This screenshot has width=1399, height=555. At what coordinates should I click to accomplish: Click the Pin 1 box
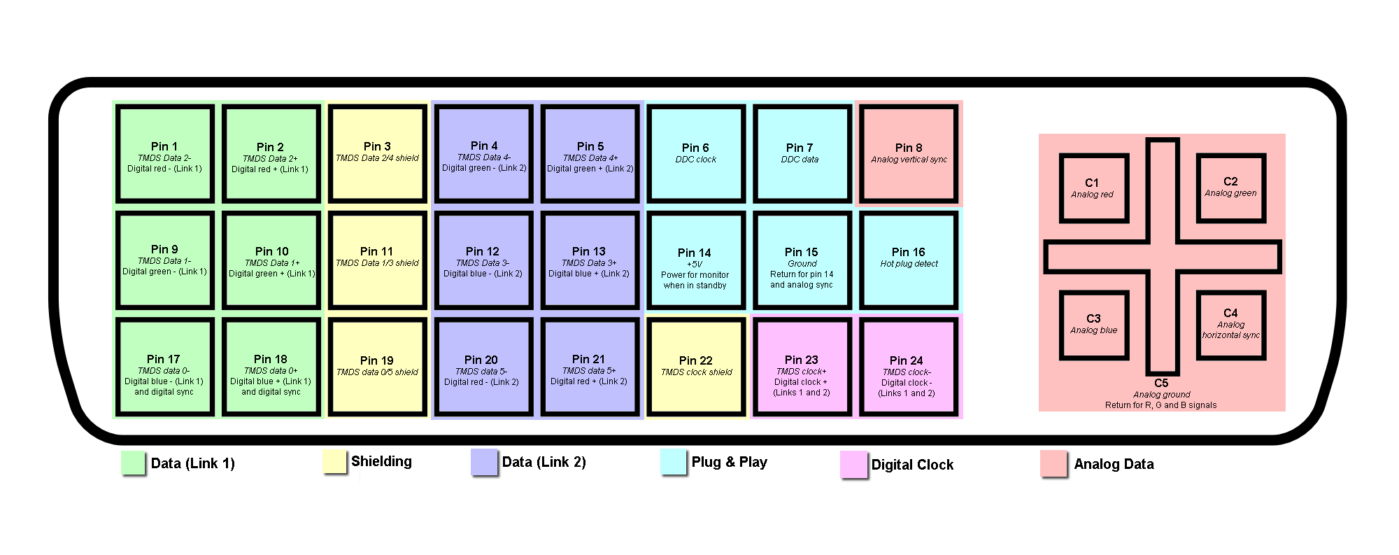coord(165,154)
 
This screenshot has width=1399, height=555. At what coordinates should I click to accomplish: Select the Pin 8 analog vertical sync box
coord(909,154)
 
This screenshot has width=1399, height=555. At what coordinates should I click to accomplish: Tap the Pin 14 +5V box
coord(695,260)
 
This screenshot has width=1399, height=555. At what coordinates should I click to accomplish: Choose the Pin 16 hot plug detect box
coord(909,260)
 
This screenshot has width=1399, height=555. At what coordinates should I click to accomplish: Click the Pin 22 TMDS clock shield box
coord(696,367)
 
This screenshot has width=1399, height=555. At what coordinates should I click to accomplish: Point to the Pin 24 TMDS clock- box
coord(907,367)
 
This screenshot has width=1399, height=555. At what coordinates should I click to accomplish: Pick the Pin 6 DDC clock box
coord(696,154)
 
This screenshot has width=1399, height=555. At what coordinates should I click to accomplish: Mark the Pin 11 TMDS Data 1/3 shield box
coord(378,260)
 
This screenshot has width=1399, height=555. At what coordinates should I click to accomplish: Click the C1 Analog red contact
coord(1094,188)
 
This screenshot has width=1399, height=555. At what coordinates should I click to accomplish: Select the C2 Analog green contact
coord(1231,188)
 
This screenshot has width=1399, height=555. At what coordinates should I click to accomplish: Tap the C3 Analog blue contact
coord(1094,325)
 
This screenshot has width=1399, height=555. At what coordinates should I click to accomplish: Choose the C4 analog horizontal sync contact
coord(1231,325)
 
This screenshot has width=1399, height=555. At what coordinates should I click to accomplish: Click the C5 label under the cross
coord(1161,383)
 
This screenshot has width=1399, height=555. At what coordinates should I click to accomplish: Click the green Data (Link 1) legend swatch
coord(133,463)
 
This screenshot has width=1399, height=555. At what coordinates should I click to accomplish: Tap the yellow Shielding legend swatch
coord(335,461)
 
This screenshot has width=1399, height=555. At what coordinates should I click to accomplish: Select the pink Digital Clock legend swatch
coord(853,464)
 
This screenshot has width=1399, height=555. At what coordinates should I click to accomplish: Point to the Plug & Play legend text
coord(729,462)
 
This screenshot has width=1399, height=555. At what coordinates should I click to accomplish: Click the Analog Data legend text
coord(1114,464)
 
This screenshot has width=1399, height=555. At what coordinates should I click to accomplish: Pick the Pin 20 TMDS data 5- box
coord(482,367)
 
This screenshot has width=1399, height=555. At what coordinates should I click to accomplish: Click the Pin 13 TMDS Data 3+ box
coord(590,260)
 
